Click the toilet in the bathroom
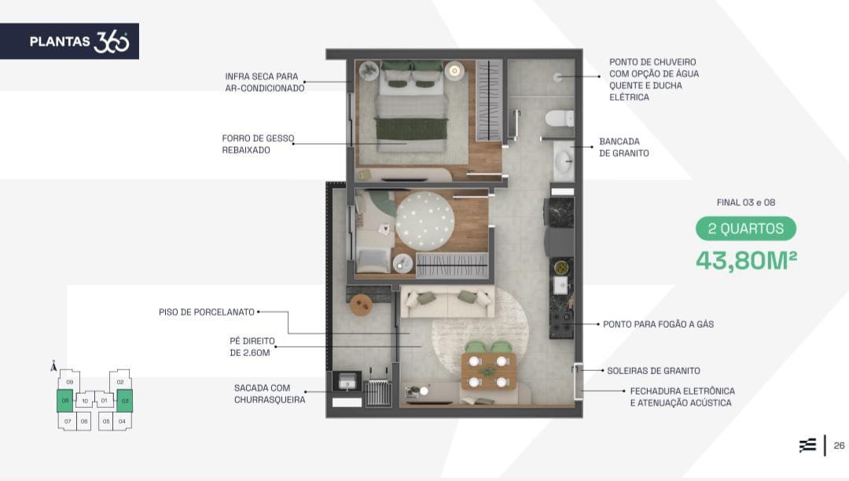click(559, 118)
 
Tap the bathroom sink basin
click(564, 160)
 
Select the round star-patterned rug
click(424, 221)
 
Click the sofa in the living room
click(447, 301)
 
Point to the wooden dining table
click(488, 371)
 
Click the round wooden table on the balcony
click(361, 305)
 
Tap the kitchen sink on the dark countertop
click(560, 285)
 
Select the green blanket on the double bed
click(411, 129)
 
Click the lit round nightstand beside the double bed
click(454, 70)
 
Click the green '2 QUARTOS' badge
click(745, 229)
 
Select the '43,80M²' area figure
click(746, 260)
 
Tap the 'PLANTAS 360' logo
click(79, 42)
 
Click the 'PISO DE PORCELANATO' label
click(206, 312)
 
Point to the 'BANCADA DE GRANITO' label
click(623, 147)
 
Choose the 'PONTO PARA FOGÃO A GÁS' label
click(659, 324)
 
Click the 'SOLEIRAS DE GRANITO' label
click(653, 371)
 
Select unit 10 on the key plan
click(85, 401)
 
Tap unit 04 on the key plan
click(122, 421)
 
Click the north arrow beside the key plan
click(53, 366)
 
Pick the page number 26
click(840, 446)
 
